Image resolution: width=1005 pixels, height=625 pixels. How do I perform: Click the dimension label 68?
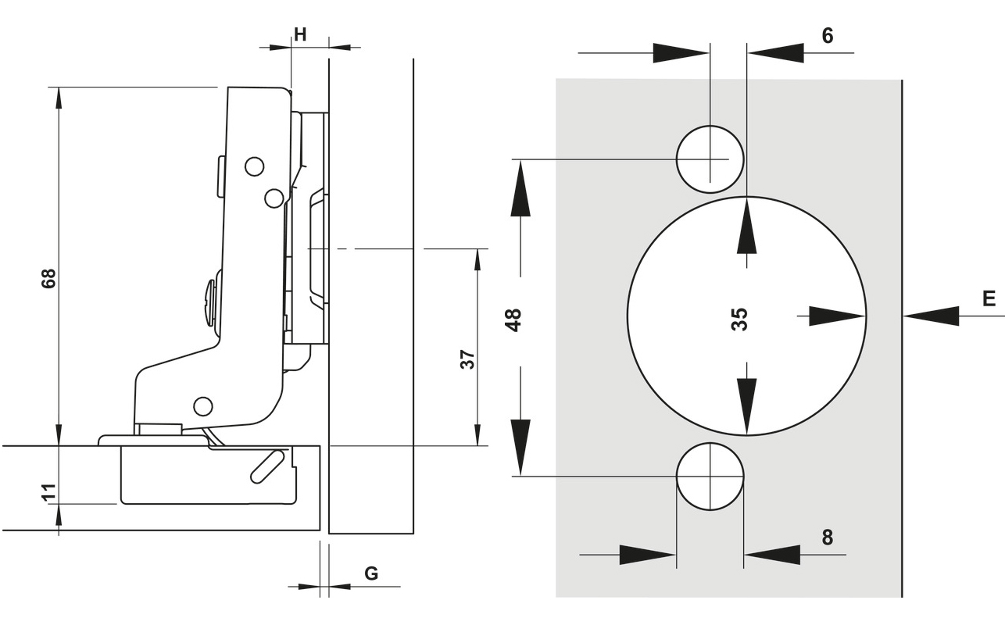(x=48, y=279)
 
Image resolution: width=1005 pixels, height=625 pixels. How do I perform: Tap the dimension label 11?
(x=48, y=492)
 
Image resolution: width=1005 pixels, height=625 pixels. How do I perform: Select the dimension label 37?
(x=467, y=359)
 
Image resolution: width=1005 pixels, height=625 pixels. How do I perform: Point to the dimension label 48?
(x=513, y=320)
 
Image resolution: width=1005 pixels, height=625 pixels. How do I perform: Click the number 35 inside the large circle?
(x=739, y=319)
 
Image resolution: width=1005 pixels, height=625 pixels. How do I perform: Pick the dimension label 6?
(x=828, y=36)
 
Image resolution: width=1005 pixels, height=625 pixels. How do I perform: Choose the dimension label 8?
(x=828, y=537)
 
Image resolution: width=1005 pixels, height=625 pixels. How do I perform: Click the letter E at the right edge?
(x=989, y=299)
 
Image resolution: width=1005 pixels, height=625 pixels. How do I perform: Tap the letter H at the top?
(x=300, y=34)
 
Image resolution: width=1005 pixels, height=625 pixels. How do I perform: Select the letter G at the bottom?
(x=372, y=573)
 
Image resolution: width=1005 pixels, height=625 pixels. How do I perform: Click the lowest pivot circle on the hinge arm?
(x=203, y=405)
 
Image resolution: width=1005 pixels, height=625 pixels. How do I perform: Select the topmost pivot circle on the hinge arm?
(x=254, y=166)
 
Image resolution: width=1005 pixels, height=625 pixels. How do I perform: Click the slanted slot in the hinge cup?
(x=267, y=465)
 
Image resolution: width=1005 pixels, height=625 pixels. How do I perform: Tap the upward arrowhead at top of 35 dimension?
(x=747, y=227)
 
